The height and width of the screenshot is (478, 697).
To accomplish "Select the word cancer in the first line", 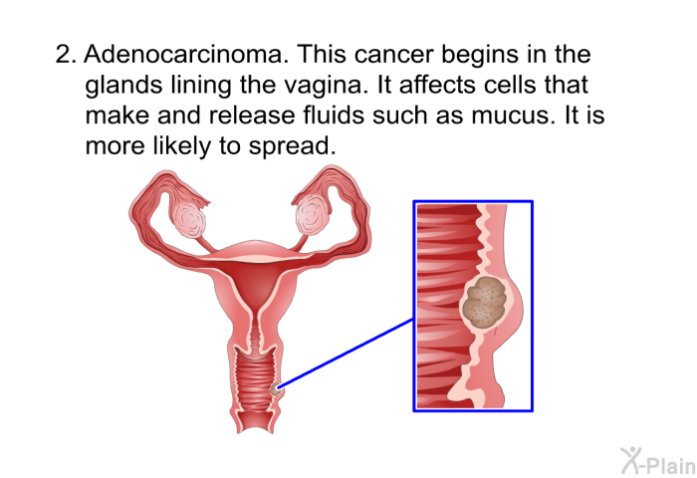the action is click(394, 54).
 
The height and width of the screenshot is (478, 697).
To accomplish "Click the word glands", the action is click(123, 85).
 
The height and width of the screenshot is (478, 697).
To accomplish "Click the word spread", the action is click(292, 145).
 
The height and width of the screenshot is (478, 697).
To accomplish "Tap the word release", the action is click(252, 115).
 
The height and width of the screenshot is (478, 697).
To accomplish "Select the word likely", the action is click(182, 145).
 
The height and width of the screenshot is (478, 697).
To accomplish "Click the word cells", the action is click(510, 85).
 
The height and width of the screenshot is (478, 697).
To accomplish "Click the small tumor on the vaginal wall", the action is click(276, 390).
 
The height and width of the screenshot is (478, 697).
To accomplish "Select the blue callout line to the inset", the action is click(346, 354).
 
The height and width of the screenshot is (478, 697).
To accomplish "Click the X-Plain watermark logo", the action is click(658, 461).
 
